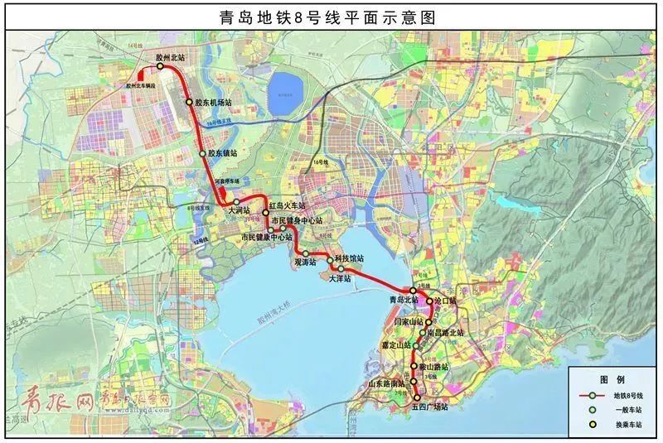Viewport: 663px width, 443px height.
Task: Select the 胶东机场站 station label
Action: [213, 104]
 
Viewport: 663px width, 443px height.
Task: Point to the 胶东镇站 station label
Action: [223, 153]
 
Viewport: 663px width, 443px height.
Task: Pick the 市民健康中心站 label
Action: [267, 238]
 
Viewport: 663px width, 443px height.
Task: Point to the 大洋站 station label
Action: [340, 279]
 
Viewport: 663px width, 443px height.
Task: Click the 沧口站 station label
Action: [444, 301]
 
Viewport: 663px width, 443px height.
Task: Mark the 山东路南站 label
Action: [386, 383]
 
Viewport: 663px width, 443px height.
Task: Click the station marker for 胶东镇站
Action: [202, 153]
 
